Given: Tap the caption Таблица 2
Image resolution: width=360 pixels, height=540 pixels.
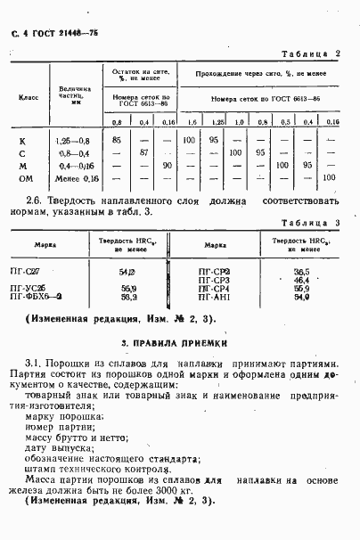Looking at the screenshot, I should coord(312,53).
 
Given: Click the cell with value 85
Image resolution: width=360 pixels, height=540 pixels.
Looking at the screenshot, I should coord(117,141).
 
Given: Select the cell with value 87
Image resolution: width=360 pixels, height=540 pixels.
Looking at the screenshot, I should coord(143,153).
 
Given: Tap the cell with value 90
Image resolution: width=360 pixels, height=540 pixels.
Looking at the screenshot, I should coord(167,166).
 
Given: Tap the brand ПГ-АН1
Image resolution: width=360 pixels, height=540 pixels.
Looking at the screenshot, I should coord(213,298).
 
